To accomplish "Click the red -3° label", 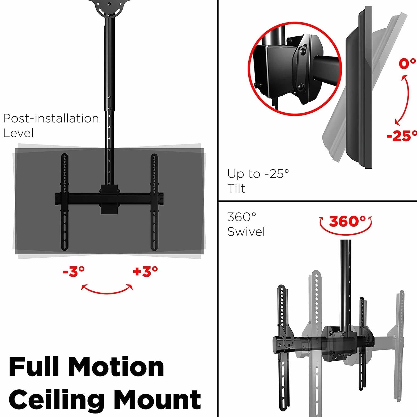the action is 74,271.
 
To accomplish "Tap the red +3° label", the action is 145,271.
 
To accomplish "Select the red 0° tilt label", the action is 407,64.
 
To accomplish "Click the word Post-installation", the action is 51,118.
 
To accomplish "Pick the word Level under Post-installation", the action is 18,133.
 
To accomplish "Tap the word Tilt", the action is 236,188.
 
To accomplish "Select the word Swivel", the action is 246,232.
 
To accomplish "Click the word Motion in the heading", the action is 116,367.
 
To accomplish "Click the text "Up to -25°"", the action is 258,174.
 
